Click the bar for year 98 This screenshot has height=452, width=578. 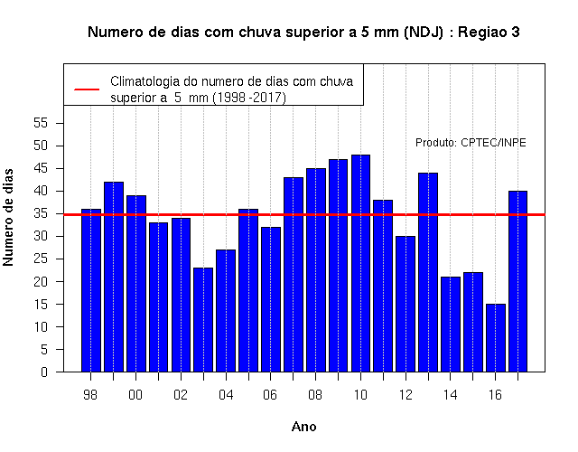coord(91,290)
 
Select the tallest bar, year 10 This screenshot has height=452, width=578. coord(360,263)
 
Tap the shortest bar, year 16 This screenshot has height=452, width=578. coord(496,338)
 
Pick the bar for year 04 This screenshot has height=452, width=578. coord(226,311)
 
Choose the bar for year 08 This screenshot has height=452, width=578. coord(316,270)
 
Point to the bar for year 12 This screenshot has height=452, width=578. coord(406,304)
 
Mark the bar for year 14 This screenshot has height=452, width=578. coord(451,325)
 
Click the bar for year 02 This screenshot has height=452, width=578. coord(181,295)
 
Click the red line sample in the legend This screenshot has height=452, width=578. coord(87,89)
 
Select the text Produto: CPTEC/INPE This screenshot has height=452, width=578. coord(471,143)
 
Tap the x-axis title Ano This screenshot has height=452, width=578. coord(303,427)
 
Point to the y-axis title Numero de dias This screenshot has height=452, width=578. coord(8,217)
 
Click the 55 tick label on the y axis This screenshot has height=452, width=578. coord(41,123)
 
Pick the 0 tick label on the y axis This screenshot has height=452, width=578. coord(44,372)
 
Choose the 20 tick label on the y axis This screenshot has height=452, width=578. coord(41,281)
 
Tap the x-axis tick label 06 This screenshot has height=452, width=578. coord(270,395)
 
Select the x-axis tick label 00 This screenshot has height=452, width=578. coord(135,395)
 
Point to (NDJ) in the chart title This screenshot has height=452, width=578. coord(424,33)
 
